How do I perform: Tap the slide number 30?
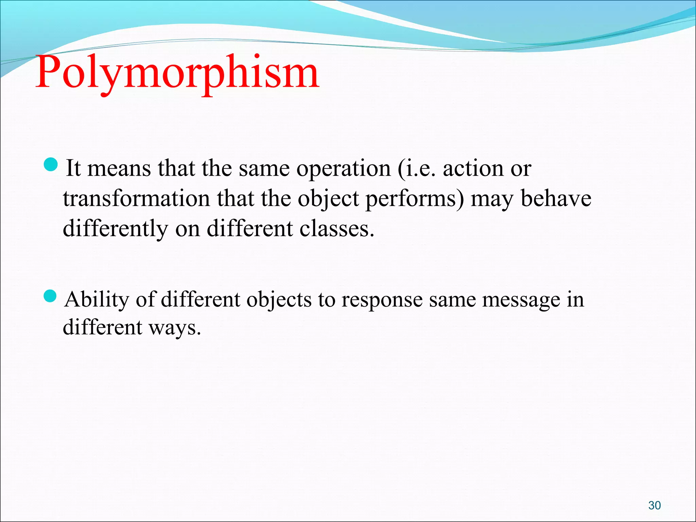pyautogui.click(x=654, y=505)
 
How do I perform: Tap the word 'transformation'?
pyautogui.click(x=136, y=198)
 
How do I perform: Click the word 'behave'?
pyautogui.click(x=556, y=198)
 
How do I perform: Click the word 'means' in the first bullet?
pyautogui.click(x=119, y=169)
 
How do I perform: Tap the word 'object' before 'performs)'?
pyautogui.click(x=328, y=199)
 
